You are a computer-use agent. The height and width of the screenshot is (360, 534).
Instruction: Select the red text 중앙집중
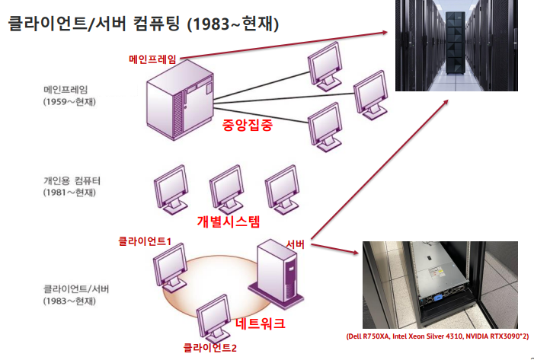tap(248, 126)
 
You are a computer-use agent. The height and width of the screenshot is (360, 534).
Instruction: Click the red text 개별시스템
tap(229, 221)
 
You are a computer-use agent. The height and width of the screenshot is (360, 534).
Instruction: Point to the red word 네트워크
tap(261, 323)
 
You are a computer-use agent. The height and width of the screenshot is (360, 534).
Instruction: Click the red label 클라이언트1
tap(144, 241)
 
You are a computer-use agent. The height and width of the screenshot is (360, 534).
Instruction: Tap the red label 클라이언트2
tap(210, 348)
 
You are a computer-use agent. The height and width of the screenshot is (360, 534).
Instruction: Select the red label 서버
tap(296, 244)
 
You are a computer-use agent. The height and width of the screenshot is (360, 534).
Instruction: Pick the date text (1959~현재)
tap(70, 101)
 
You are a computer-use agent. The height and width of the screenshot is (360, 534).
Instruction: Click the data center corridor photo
tap(457, 46)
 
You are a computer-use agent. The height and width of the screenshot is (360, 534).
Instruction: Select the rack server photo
tap(440, 285)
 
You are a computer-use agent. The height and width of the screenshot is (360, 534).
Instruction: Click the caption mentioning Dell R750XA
tap(438, 336)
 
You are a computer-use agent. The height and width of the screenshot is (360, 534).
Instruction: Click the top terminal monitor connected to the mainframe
tap(324, 64)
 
